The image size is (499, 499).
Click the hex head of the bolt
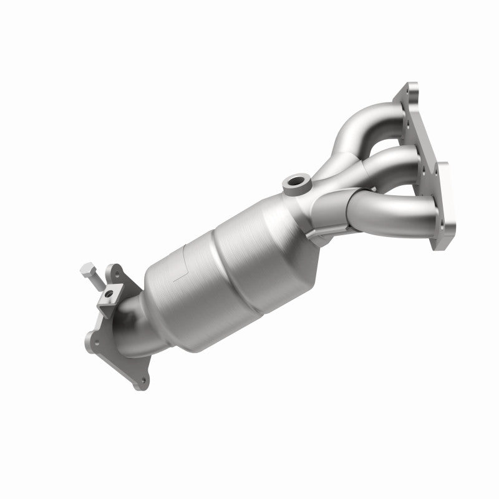[87, 269]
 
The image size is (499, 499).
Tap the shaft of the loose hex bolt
[96, 282]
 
